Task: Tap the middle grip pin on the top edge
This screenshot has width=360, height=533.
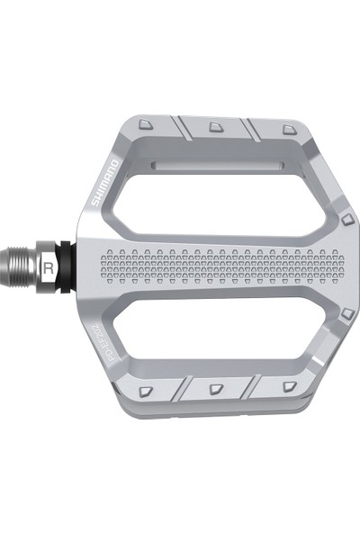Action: (216, 127)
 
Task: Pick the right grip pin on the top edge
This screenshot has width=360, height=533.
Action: (287, 130)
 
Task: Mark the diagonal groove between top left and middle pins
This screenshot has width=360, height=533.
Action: (181, 129)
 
